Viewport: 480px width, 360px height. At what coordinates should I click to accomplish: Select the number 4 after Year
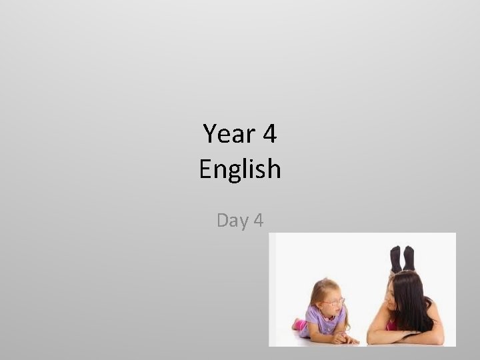(x=269, y=134)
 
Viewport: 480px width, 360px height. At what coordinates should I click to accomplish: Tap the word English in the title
(x=240, y=169)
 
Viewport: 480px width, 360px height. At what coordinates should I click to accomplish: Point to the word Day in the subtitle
(x=232, y=221)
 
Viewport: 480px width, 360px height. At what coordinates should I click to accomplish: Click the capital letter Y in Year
(x=209, y=134)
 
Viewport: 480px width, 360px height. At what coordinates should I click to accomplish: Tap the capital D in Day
(x=223, y=220)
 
